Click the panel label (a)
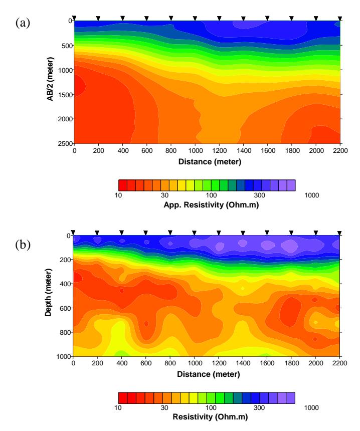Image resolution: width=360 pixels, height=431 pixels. (x=23, y=23)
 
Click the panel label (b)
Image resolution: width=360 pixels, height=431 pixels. (x=23, y=245)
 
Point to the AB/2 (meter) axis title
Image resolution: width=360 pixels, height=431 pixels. (x=50, y=79)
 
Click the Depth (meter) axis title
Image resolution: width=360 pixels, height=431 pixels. (x=49, y=293)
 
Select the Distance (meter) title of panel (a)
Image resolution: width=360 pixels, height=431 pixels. (x=210, y=161)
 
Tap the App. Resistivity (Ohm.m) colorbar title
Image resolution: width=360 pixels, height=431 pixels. (x=211, y=205)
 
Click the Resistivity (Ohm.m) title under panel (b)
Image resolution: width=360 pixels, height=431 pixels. (x=210, y=416)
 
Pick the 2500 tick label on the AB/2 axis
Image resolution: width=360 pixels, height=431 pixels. (x=65, y=143)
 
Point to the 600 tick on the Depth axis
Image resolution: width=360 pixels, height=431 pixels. (x=66, y=308)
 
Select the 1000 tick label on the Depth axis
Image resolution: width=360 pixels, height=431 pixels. (x=64, y=356)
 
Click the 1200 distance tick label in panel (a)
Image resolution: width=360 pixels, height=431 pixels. (x=219, y=151)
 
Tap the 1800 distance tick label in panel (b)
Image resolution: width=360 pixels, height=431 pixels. (x=291, y=363)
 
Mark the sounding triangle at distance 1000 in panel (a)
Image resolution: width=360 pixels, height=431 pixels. (x=195, y=19)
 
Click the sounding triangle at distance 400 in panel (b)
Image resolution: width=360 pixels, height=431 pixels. (x=121, y=233)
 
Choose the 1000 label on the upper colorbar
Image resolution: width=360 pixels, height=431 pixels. (x=311, y=195)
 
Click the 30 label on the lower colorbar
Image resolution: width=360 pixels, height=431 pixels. (x=164, y=407)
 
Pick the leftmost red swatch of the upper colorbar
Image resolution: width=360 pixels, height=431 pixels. (x=123, y=185)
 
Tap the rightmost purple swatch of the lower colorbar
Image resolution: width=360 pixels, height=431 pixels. (x=291, y=398)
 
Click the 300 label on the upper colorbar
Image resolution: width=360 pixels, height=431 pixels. (x=259, y=195)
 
